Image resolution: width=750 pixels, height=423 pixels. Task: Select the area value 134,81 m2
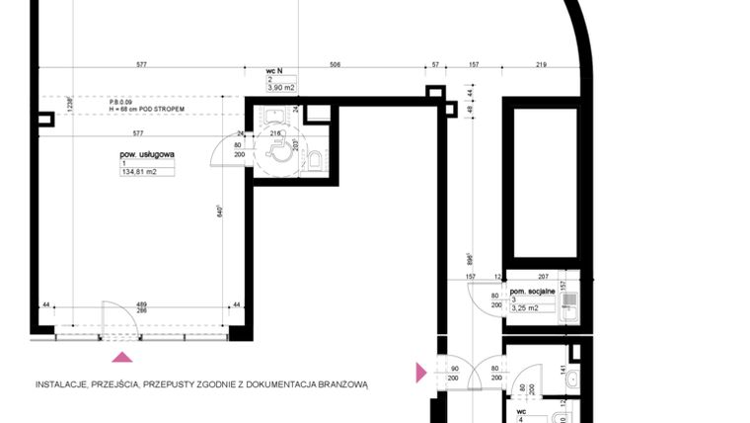tap(141, 171)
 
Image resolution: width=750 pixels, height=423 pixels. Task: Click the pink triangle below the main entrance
tap(122, 358)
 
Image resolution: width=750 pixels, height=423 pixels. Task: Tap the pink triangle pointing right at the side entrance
tap(421, 373)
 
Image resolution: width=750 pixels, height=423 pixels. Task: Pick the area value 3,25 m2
tap(524, 308)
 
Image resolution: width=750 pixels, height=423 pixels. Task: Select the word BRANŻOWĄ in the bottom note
tap(338, 385)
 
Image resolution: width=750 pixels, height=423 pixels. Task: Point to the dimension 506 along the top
tap(335, 64)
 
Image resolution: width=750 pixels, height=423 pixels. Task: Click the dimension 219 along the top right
tap(542, 64)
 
